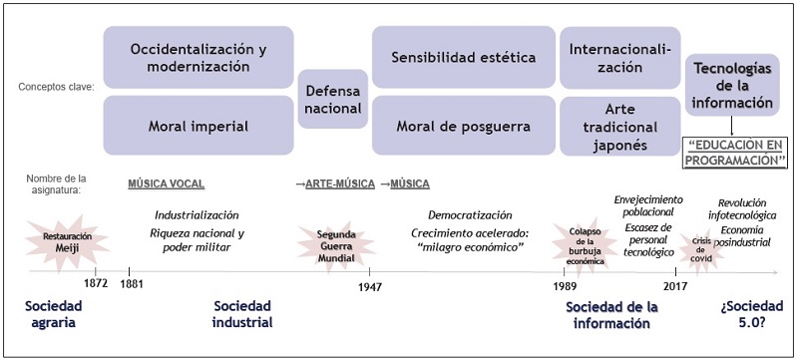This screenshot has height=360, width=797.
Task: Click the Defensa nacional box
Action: tap(332, 99)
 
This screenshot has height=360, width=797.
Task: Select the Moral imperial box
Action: tap(199, 126)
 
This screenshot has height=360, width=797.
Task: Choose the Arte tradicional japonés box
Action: tap(619, 126)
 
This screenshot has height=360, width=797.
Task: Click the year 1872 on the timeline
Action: tap(96, 282)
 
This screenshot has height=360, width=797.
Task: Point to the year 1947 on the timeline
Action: tap(370, 282)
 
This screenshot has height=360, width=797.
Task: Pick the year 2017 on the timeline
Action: tap(675, 282)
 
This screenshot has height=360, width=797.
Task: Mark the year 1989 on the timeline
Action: tap(566, 282)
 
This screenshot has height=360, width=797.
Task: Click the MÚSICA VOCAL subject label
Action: tap(166, 183)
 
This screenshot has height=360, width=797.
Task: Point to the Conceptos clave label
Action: tap(56, 87)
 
